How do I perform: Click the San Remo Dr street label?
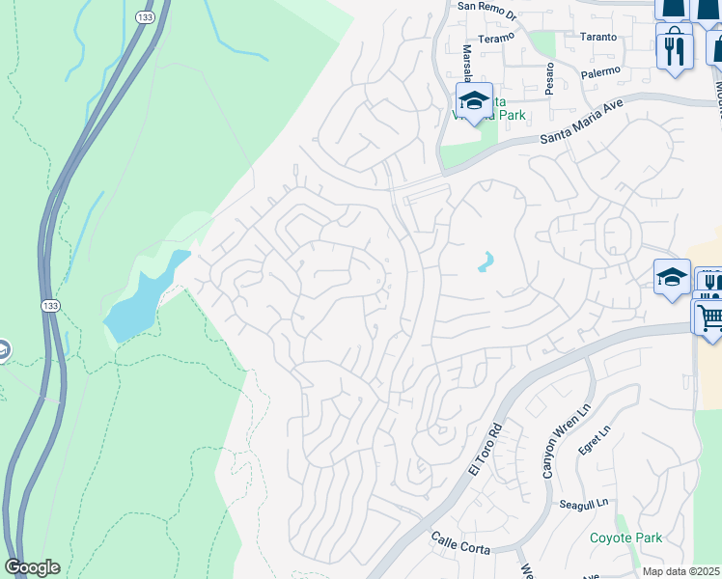[x=488, y=6]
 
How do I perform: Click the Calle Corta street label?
[x=460, y=542]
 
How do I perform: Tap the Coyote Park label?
[x=625, y=538]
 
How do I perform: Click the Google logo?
[x=32, y=567]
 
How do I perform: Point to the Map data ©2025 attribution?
[x=680, y=571]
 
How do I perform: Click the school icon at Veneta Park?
[x=475, y=102]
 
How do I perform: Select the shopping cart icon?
[x=709, y=316]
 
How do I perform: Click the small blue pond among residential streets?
[x=486, y=262]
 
